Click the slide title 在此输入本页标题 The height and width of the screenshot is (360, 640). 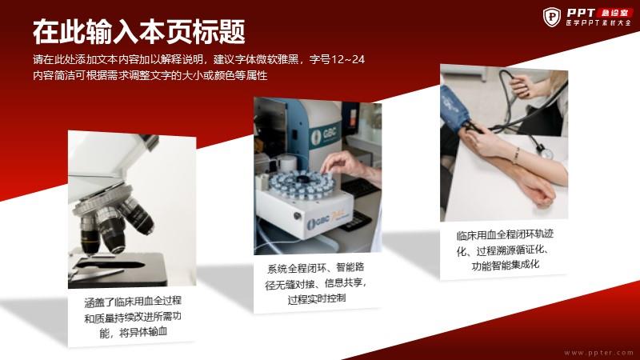pyautogui.click(x=138, y=31)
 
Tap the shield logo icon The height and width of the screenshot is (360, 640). pyautogui.click(x=552, y=17)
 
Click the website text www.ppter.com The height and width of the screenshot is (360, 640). pyautogui.click(x=598, y=352)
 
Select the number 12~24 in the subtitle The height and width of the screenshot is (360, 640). pyautogui.click(x=348, y=59)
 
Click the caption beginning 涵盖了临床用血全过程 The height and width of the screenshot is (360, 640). pyautogui.click(x=133, y=317)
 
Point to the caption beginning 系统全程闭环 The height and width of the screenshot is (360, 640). pyautogui.click(x=316, y=283)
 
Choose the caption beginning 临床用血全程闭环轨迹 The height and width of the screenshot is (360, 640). pyautogui.click(x=505, y=250)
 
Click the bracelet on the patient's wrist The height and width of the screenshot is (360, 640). pyautogui.click(x=516, y=155)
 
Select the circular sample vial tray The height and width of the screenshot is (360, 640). pyautogui.click(x=302, y=184)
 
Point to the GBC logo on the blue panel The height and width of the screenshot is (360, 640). pyautogui.click(x=325, y=134)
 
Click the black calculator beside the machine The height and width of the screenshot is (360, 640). pyautogui.click(x=355, y=222)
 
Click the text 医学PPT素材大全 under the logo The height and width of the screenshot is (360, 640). pyautogui.click(x=598, y=23)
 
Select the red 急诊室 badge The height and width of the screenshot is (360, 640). pyautogui.click(x=615, y=13)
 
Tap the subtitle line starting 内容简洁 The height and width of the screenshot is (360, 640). pyautogui.click(x=150, y=75)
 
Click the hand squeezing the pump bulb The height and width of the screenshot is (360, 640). pyautogui.click(x=524, y=86)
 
